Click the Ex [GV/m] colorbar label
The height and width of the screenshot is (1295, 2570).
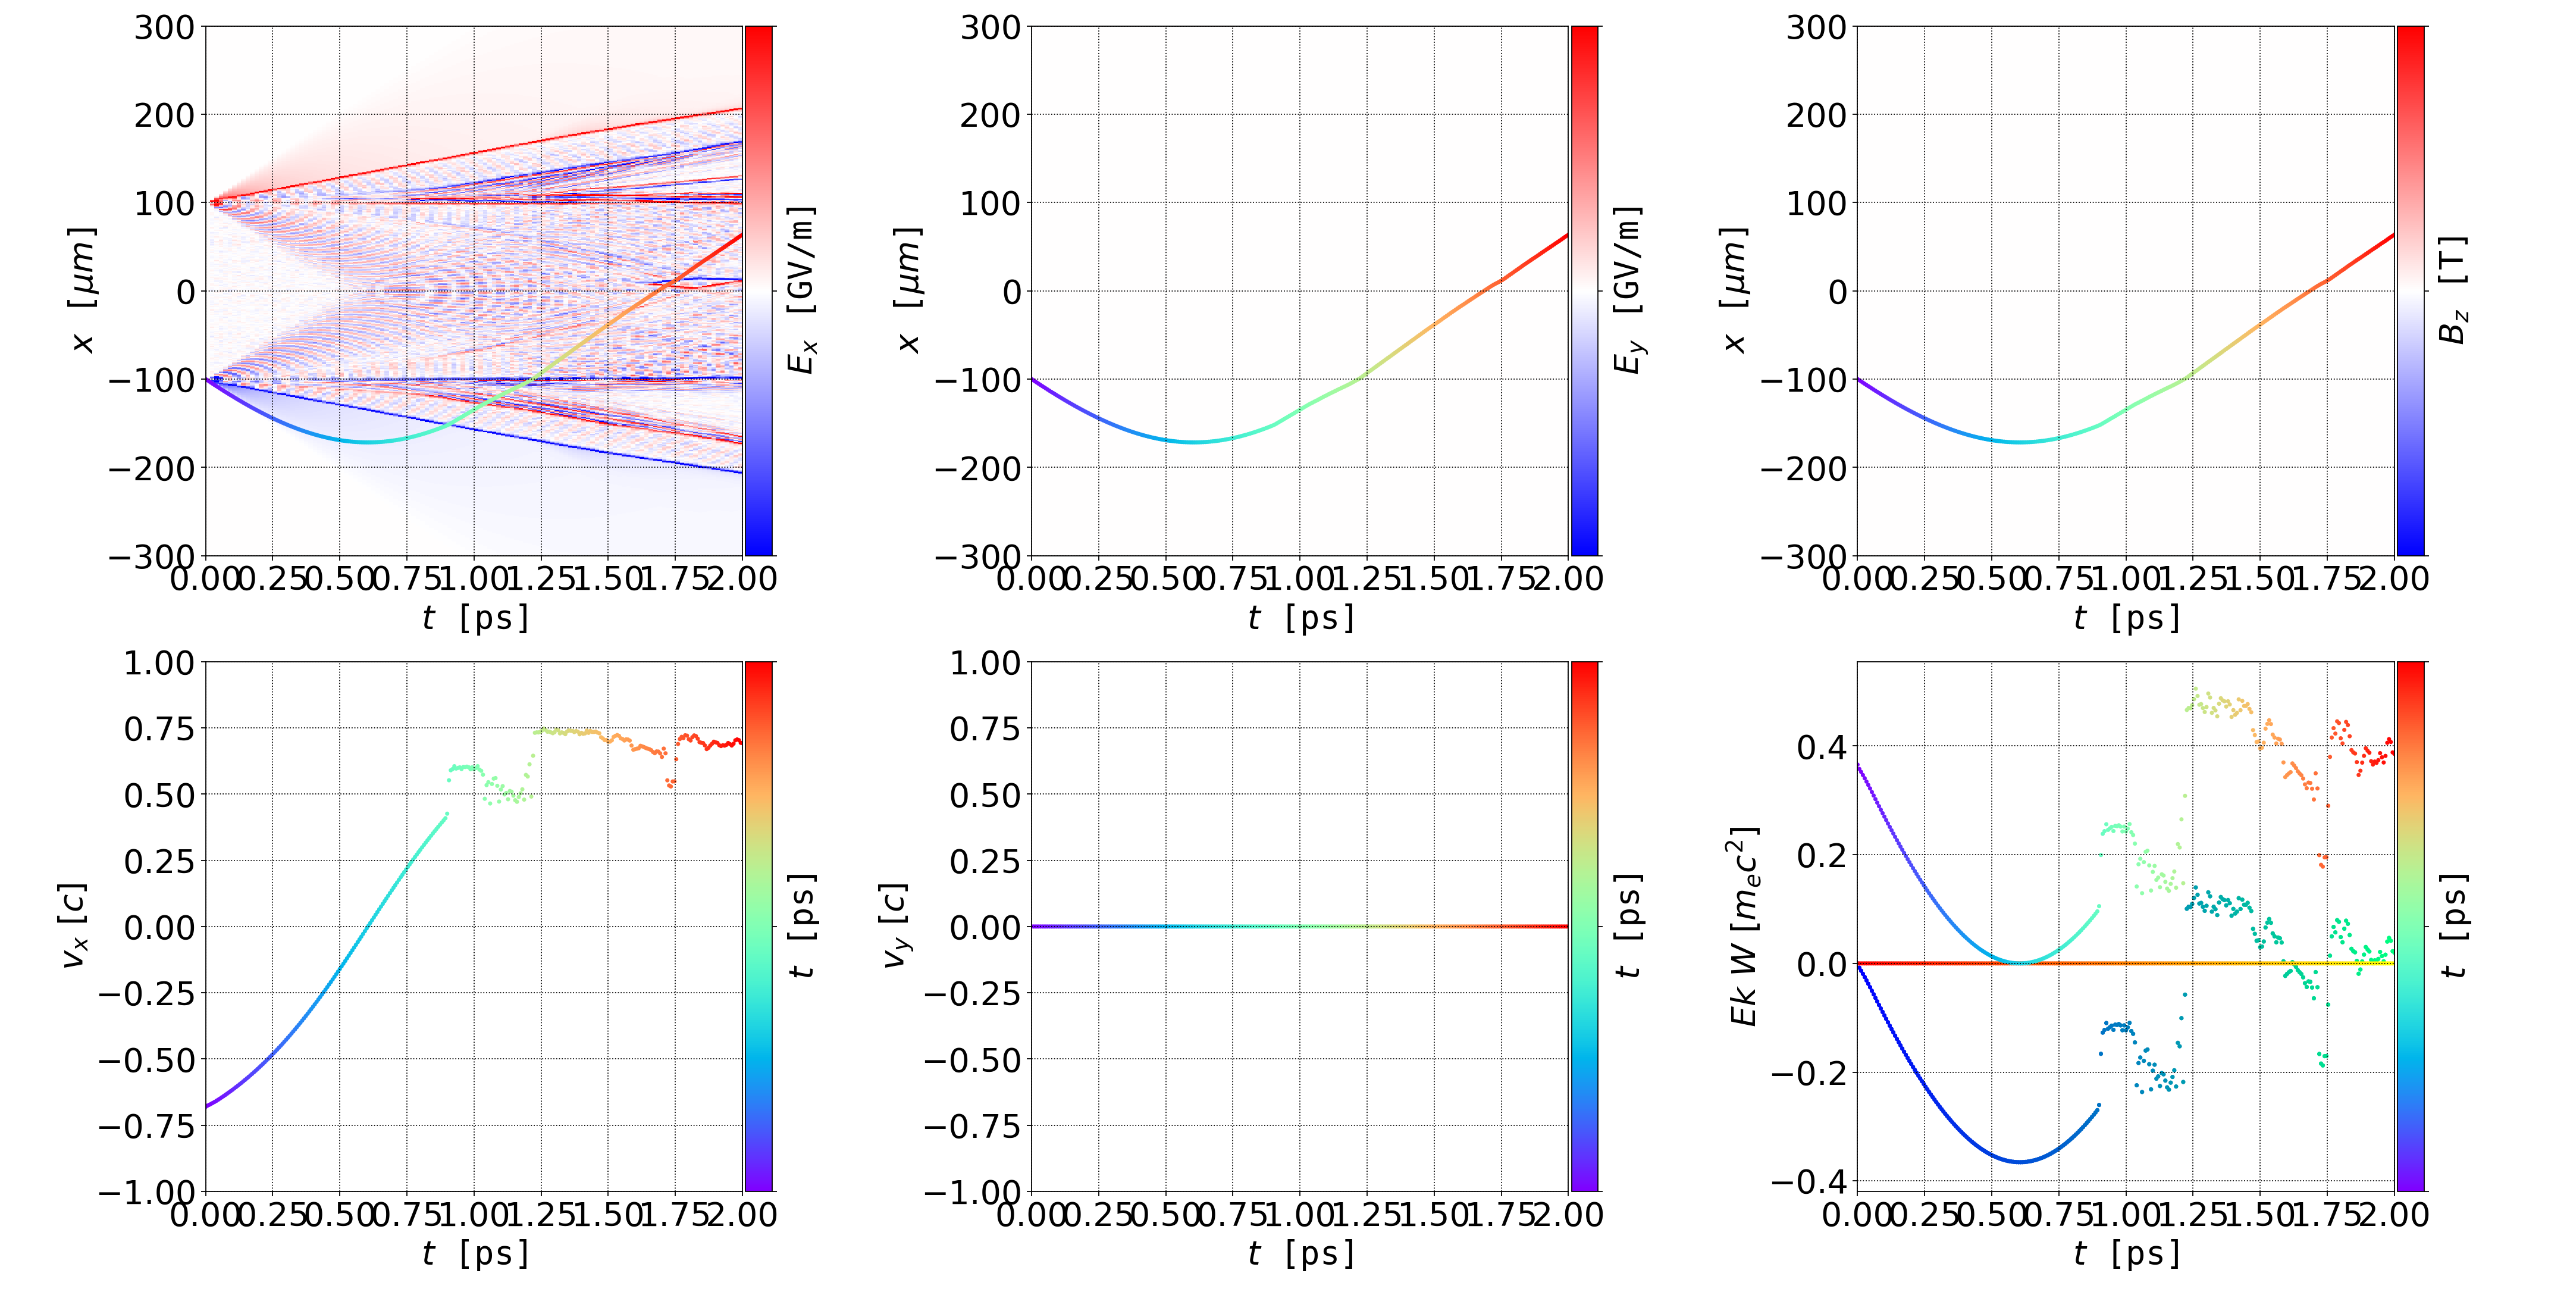[801, 290]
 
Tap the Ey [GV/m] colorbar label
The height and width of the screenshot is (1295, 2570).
[1627, 290]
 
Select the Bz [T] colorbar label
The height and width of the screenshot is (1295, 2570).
[2453, 290]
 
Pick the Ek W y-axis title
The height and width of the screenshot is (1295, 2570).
[1743, 926]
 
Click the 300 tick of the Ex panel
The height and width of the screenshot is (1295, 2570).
[165, 27]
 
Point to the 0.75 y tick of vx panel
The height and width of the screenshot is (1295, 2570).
[159, 729]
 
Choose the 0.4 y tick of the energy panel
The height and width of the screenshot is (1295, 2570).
[1822, 746]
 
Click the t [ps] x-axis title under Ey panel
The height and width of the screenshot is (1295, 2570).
[1301, 618]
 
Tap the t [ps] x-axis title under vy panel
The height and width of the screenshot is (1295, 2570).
[1301, 1253]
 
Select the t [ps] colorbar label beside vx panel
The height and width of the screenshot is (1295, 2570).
[801, 926]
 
